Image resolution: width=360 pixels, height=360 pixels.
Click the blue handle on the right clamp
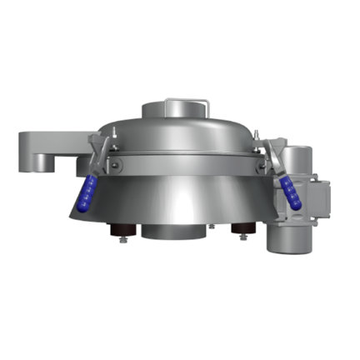(x=292, y=191)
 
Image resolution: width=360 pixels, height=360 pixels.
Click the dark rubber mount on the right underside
(x=242, y=229)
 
